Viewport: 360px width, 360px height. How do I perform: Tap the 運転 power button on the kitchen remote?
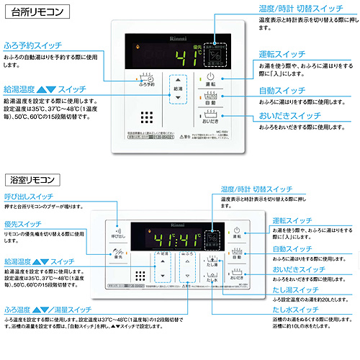pyautogui.click(x=210, y=78)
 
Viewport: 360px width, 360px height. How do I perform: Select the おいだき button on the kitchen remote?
pyautogui.click(x=210, y=117)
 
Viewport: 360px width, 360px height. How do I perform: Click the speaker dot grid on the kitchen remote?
pyautogui.click(x=147, y=118)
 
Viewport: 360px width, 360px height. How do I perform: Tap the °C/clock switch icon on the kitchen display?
pyautogui.click(x=213, y=55)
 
